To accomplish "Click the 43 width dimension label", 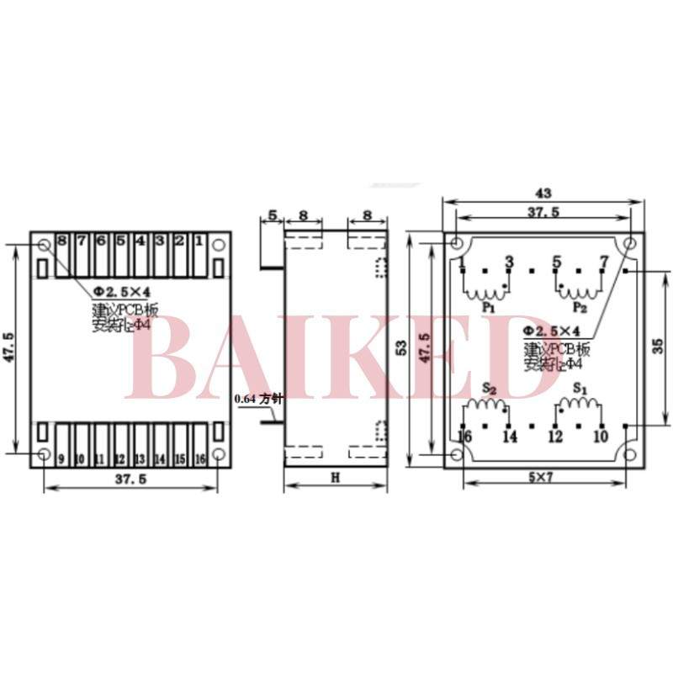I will [x=543, y=193].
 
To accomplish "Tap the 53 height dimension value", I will [x=402, y=347].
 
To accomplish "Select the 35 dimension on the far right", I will [x=659, y=345].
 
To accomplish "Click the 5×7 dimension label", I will [x=544, y=476].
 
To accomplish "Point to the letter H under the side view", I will [x=334, y=478].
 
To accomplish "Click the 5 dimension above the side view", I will [x=271, y=215].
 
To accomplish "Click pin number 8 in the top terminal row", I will [x=62, y=241].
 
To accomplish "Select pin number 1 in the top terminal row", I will [x=199, y=241].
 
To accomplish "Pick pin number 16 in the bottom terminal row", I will [x=199, y=458].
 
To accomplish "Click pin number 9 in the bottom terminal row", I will [x=62, y=458].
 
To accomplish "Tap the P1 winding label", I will [x=488, y=309].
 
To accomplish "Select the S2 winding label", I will [x=488, y=389].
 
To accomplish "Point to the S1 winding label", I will [x=579, y=389].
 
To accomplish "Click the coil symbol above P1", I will [x=486, y=292].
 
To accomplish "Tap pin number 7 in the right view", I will [x=602, y=262].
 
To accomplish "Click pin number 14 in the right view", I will [x=509, y=437].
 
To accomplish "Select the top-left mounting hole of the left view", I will [x=44, y=245].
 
